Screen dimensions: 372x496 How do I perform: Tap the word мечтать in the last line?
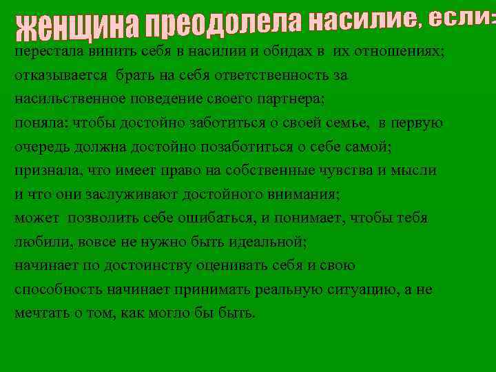[41, 313]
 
